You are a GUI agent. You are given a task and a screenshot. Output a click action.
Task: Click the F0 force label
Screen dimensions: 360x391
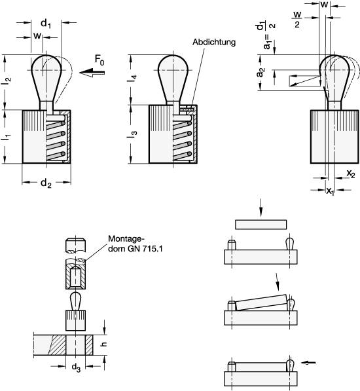point(99,60)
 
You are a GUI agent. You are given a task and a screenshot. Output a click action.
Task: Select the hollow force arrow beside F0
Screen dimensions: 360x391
point(92,73)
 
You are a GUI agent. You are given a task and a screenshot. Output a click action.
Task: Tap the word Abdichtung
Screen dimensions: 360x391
point(214,42)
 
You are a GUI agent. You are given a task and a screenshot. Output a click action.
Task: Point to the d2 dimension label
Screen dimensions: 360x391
point(46,183)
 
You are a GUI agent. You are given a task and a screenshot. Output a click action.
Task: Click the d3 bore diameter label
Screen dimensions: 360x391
point(76,367)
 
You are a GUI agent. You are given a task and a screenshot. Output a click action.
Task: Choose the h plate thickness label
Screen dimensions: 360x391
point(104,344)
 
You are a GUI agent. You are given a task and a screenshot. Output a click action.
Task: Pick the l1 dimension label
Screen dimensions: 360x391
point(7,137)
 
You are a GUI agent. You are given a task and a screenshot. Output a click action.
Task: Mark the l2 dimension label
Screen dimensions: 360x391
point(7,79)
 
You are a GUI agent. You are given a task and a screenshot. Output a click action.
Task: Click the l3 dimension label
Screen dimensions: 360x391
point(134,134)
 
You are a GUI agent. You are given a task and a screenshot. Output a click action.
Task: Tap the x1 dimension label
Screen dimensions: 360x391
point(330,191)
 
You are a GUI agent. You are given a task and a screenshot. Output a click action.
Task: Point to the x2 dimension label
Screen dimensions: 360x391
point(351,174)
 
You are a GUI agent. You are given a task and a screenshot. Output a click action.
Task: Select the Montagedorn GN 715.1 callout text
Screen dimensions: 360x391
point(135,244)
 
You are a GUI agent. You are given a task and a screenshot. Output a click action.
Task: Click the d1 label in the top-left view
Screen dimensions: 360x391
point(46,24)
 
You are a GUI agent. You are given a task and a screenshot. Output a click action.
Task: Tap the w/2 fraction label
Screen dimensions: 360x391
point(297,19)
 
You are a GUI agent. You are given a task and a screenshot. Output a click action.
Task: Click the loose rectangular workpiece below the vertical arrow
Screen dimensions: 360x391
point(261,225)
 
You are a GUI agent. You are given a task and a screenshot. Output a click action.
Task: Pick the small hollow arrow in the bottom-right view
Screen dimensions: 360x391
point(309,363)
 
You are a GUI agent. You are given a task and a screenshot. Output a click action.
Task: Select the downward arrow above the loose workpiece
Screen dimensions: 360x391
point(261,208)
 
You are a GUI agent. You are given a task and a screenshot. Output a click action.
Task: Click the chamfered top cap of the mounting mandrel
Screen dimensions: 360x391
point(76,245)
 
